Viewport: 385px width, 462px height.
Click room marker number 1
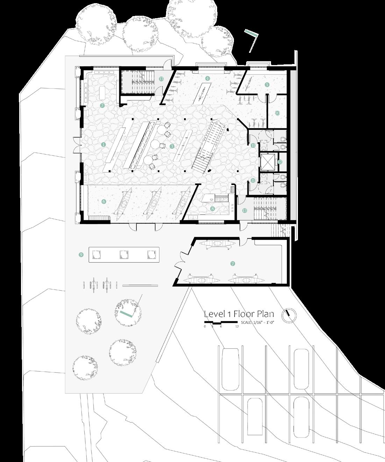coord(103,144)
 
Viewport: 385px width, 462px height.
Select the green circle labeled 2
coord(102,105)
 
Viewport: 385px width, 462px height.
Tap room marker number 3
coord(172,146)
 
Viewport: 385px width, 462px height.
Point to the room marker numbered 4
coord(207,78)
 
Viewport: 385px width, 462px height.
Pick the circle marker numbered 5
coord(267,84)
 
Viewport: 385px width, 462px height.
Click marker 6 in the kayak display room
coord(104,201)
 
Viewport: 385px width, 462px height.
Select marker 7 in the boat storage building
coord(233,264)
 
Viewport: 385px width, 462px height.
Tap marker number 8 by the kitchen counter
coord(212,209)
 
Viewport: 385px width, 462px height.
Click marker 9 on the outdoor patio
coord(81,255)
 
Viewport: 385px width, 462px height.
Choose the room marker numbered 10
coord(277,113)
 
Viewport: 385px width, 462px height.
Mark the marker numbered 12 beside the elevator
coord(280,162)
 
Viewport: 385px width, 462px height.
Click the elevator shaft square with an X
coord(268,162)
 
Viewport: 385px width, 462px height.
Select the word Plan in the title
coord(264,314)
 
